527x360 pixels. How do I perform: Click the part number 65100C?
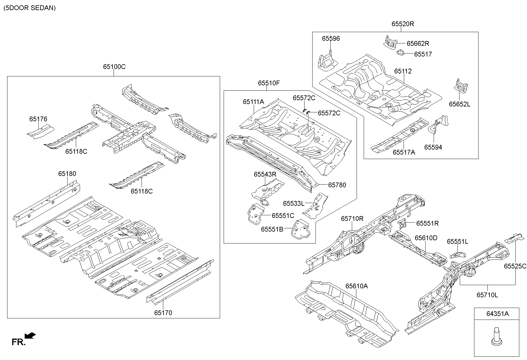tap(114, 67)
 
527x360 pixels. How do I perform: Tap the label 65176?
tap(38, 119)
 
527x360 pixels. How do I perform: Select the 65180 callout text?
tap(67, 174)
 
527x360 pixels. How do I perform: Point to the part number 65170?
tap(163, 313)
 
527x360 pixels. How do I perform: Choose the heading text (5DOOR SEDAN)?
tap(29, 8)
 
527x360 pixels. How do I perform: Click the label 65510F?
tap(269, 83)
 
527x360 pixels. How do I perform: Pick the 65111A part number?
tap(253, 102)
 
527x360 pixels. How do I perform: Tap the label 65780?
tap(337, 185)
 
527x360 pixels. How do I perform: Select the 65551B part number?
tap(272, 229)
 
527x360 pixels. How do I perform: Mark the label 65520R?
tap(402, 24)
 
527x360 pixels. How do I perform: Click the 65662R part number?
tap(418, 44)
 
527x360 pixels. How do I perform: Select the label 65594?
tap(433, 147)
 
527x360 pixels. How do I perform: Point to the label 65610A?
tap(357, 286)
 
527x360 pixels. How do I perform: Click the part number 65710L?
tap(487, 295)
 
